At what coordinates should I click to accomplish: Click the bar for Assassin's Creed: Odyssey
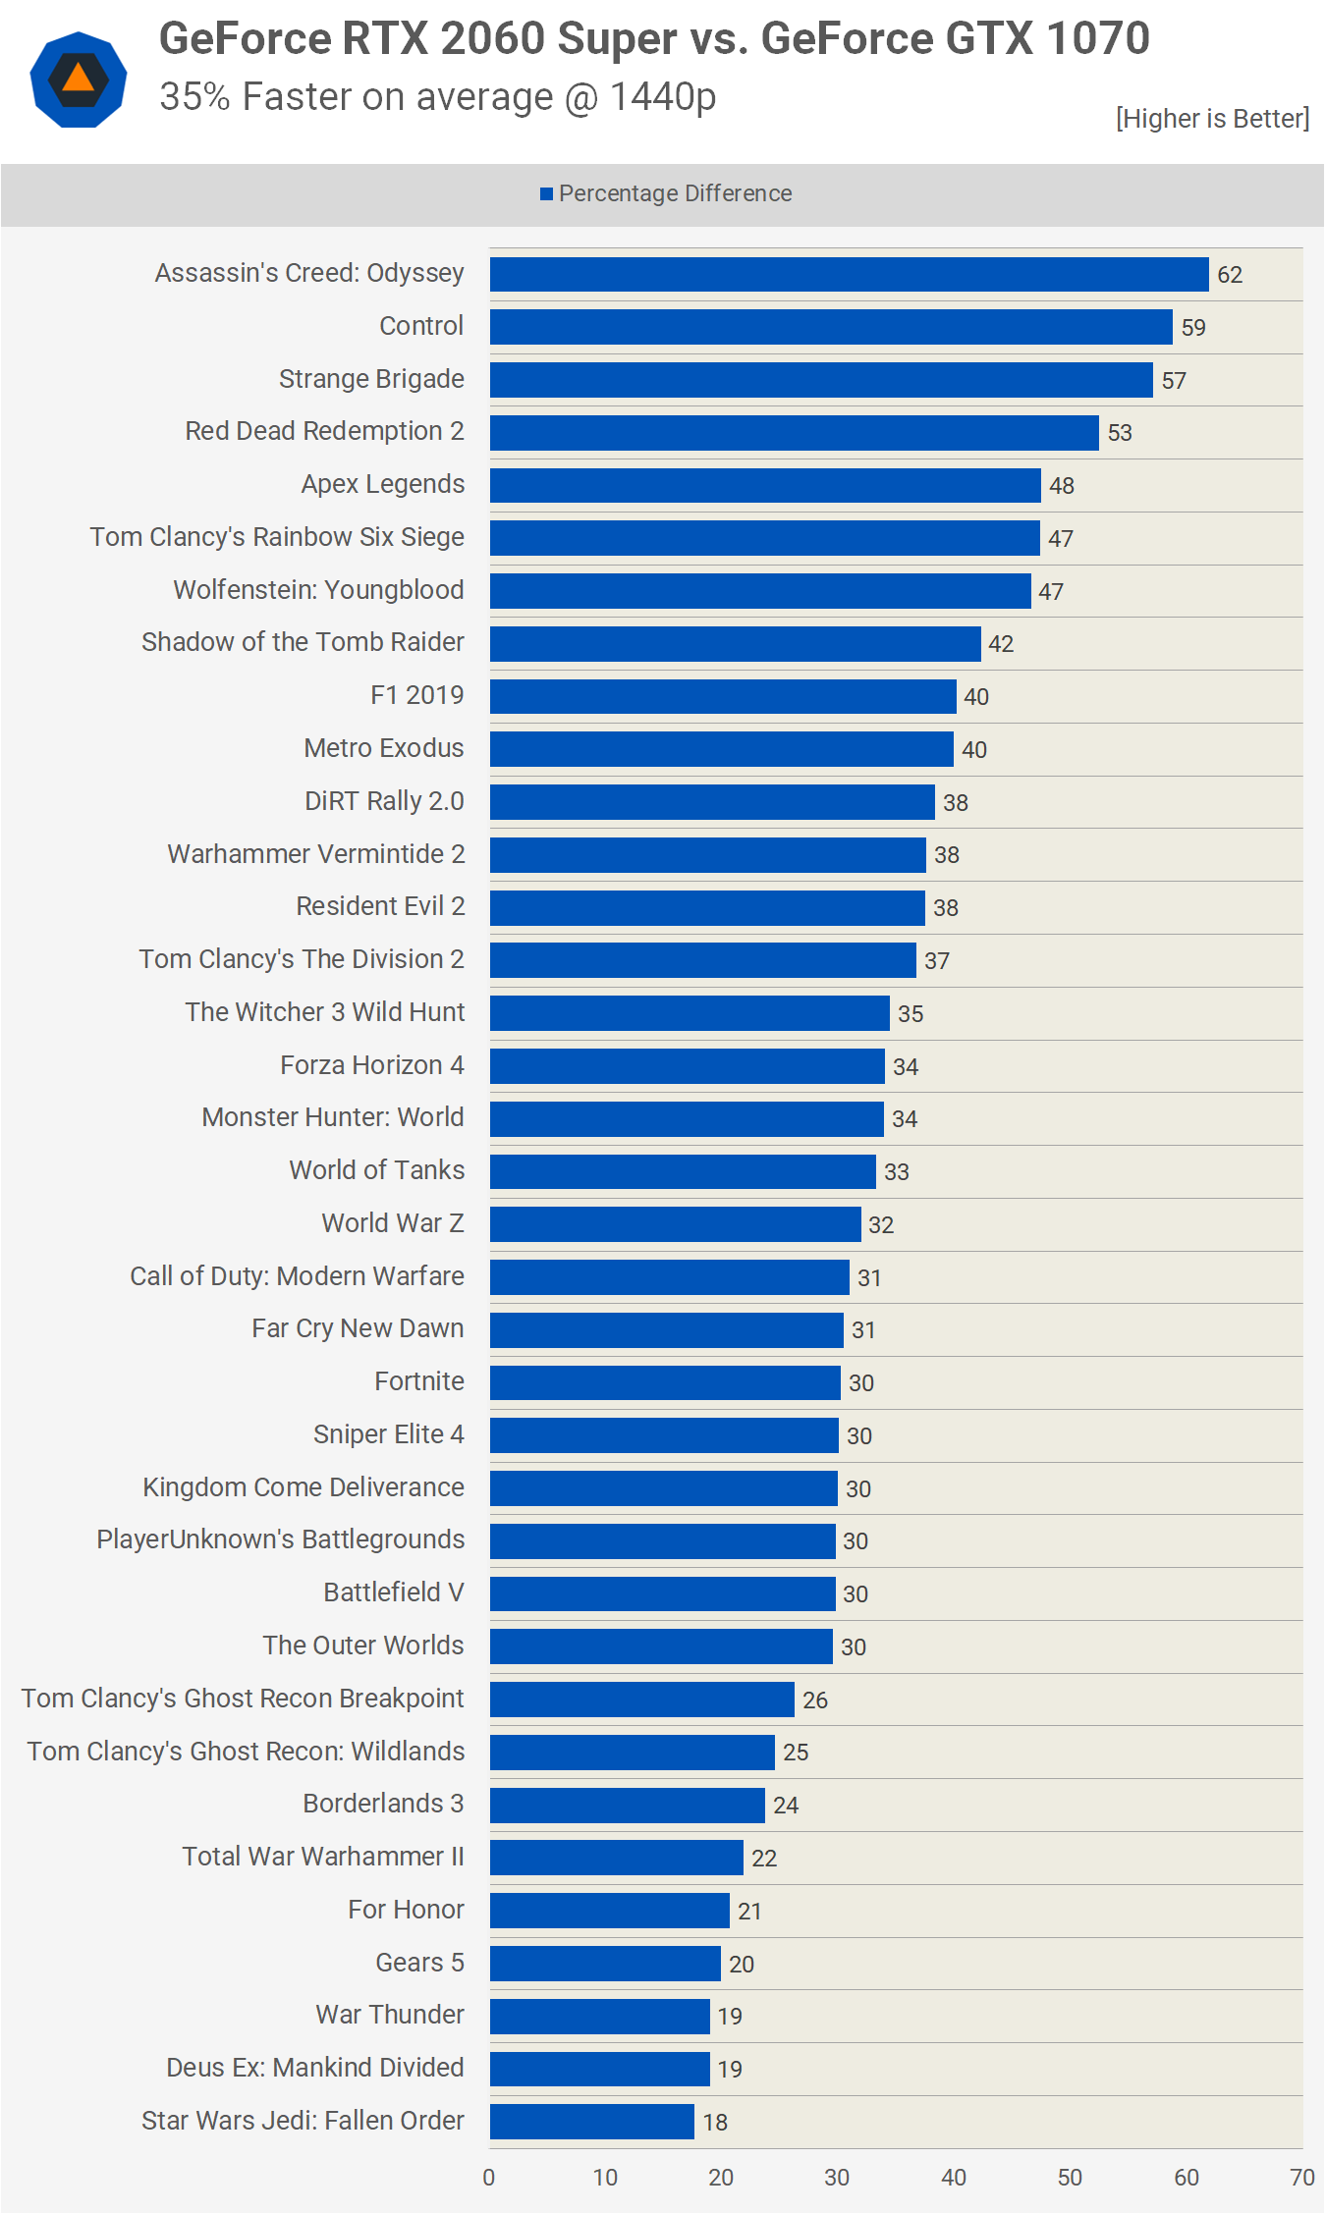coord(849,274)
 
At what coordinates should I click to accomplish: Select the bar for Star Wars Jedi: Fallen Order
coord(592,2121)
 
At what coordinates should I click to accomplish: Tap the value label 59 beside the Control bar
coord(1193,328)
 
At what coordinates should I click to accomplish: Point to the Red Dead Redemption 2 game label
coord(324,431)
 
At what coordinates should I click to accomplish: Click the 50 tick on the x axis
coord(1070,2178)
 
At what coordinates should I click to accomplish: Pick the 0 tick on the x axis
coord(489,2178)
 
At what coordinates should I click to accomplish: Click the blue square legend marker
coord(546,194)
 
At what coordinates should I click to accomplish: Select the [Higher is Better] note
coord(1212,119)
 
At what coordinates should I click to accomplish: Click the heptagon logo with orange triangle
coord(79,80)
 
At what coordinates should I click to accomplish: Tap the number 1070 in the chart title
coord(1097,39)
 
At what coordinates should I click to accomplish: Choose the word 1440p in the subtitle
coord(663,97)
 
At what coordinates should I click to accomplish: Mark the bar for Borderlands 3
coord(627,1805)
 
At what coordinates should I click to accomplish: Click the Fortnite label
coord(418,1381)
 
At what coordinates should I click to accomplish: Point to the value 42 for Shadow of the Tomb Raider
coord(1001,644)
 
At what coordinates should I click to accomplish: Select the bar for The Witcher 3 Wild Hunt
coord(690,1012)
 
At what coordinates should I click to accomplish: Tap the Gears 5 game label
coord(419,1963)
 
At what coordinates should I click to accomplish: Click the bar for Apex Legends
coord(765,485)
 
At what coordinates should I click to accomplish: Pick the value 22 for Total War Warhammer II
coord(764,1858)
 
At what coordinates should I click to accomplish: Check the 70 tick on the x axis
coord(1301,2178)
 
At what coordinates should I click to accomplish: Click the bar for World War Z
coord(676,1223)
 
